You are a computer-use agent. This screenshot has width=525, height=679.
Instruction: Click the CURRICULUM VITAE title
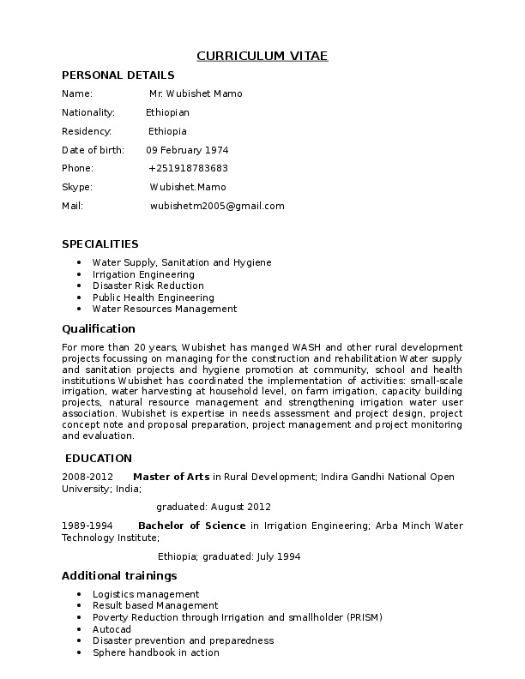tap(262, 57)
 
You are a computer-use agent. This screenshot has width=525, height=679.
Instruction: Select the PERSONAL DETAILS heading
tap(118, 75)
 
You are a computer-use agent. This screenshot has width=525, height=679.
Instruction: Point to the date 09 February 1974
tap(187, 150)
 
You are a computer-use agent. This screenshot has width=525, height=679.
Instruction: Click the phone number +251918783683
tap(188, 168)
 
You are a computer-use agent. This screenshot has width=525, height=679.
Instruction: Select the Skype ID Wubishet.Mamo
tap(188, 187)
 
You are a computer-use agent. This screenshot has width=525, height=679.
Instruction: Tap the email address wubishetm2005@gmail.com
tap(217, 206)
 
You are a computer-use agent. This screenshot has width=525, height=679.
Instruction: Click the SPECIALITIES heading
tap(100, 244)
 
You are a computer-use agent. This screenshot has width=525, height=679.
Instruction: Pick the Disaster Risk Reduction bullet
tap(148, 285)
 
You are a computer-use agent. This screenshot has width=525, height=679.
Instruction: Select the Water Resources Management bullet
tap(164, 309)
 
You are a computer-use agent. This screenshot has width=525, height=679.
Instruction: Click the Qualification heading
tap(99, 328)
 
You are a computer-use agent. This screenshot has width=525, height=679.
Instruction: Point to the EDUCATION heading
tap(99, 459)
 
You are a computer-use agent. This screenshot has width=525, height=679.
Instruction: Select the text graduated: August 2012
tap(214, 507)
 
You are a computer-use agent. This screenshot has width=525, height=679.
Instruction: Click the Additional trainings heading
tap(119, 575)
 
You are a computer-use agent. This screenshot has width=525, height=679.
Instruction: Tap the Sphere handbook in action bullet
tap(155, 652)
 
